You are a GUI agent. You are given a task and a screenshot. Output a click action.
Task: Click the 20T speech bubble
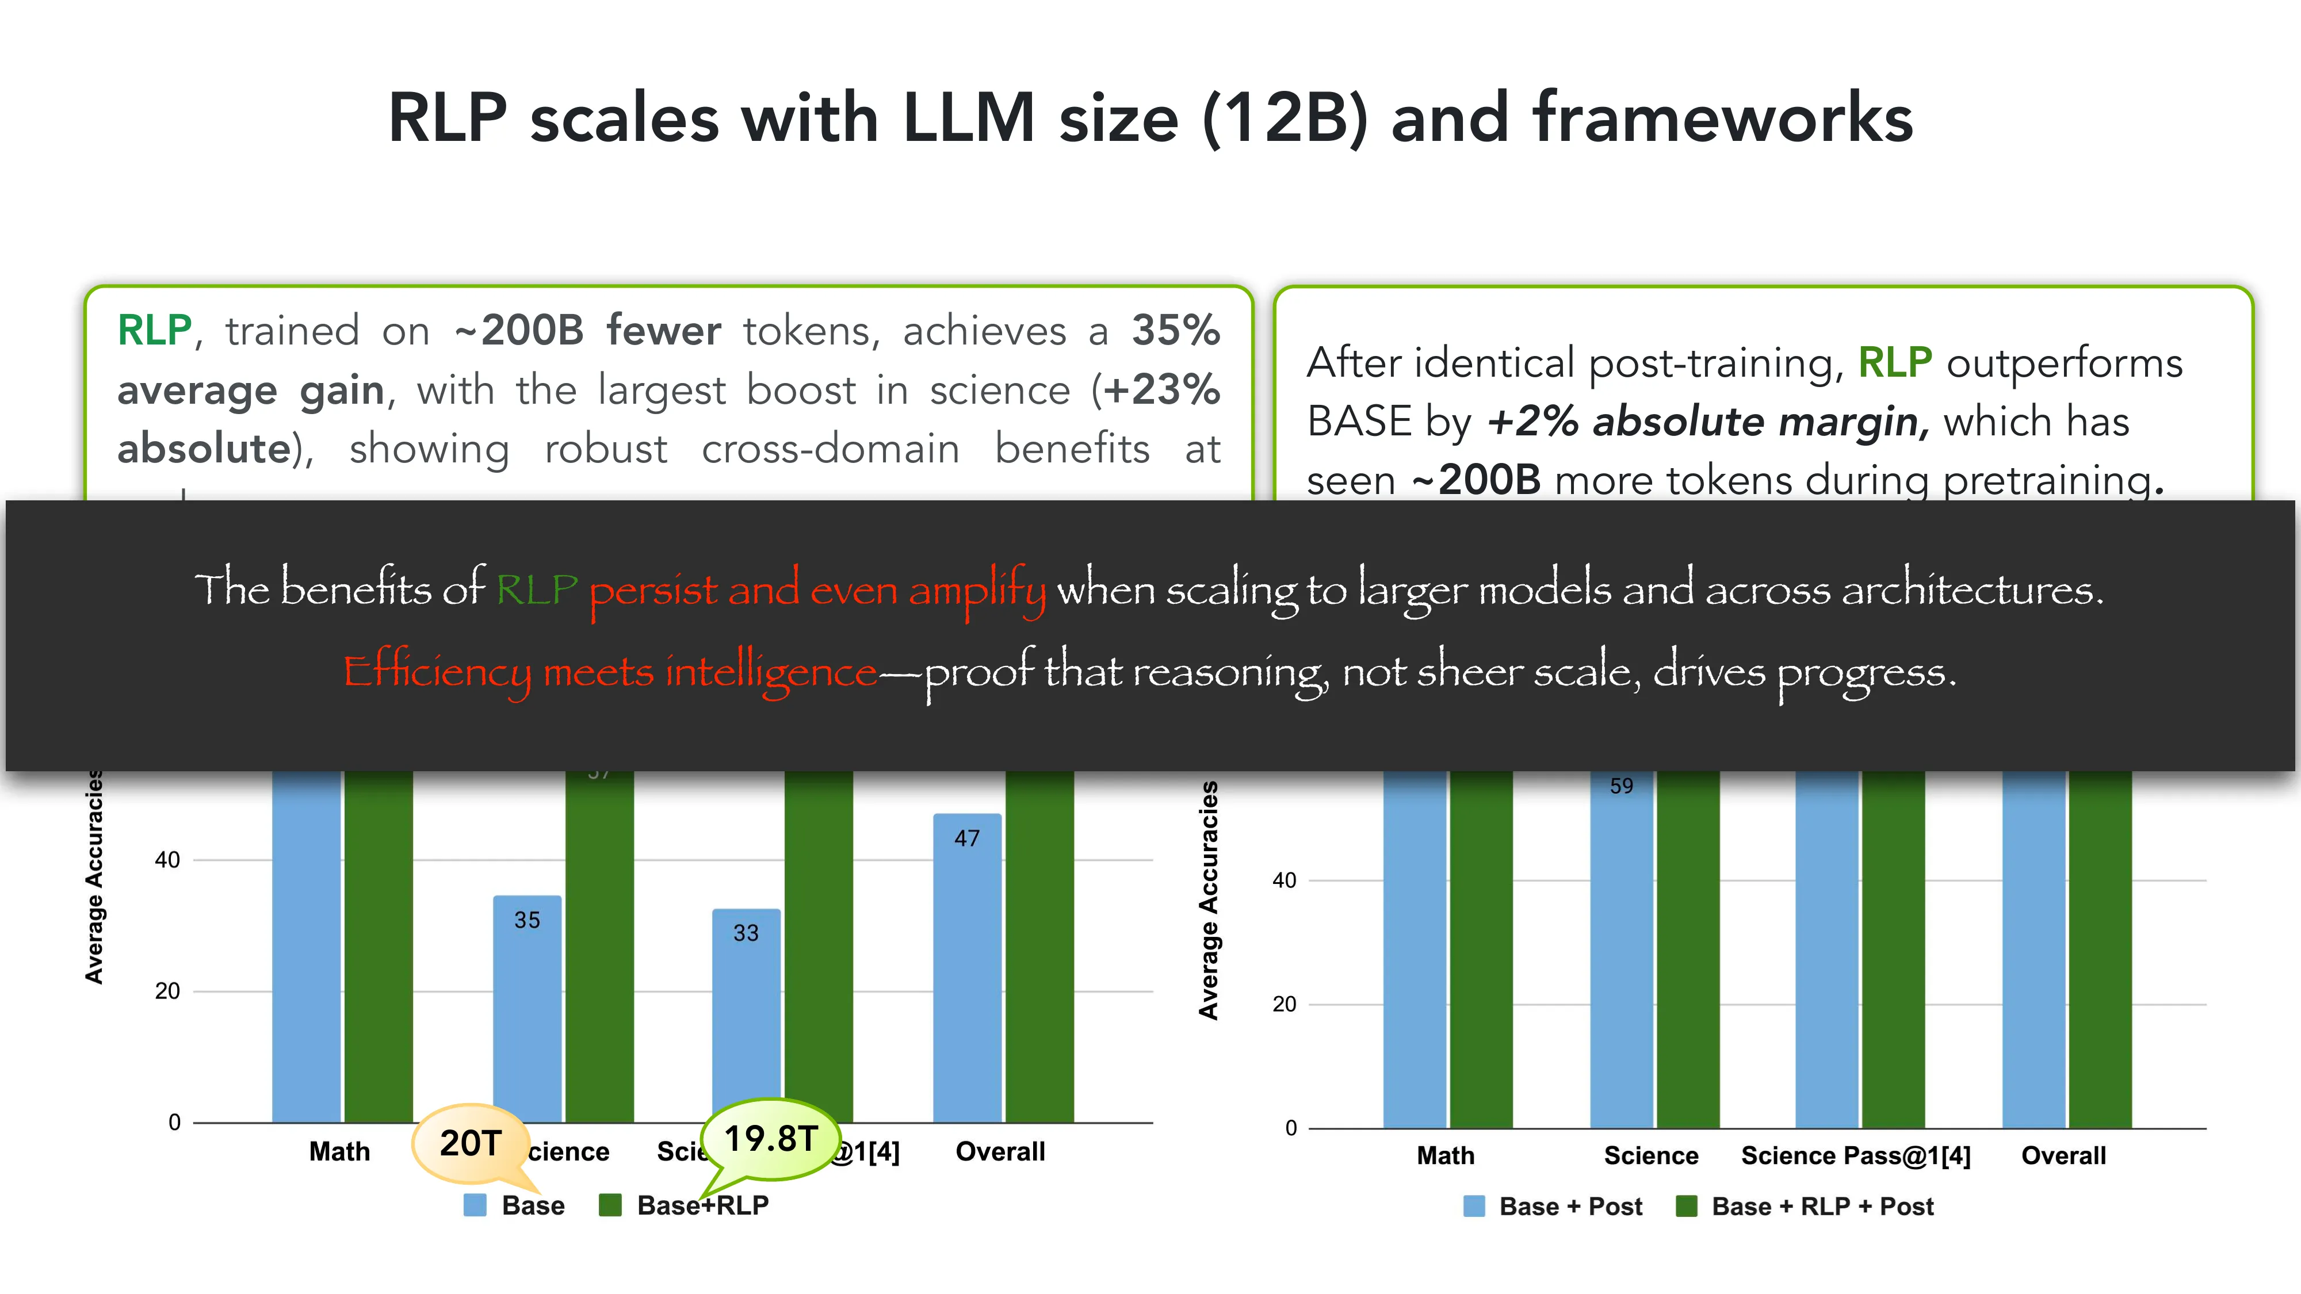tap(471, 1143)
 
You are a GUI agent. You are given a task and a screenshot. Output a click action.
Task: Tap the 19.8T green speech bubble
tap(770, 1139)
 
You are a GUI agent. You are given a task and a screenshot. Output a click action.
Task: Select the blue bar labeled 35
tap(527, 1009)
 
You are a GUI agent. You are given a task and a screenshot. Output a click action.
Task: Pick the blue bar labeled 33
tap(746, 1018)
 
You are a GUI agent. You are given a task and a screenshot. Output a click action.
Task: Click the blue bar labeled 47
tap(966, 969)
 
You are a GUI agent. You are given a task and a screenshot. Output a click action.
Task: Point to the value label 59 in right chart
tap(1621, 786)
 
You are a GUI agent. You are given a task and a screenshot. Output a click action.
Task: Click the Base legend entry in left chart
tap(515, 1205)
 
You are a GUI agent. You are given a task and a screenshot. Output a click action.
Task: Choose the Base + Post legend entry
tap(1554, 1207)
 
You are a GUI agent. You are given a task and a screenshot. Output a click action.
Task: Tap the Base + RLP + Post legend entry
tap(1806, 1207)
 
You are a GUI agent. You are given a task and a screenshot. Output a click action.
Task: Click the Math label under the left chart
tap(339, 1152)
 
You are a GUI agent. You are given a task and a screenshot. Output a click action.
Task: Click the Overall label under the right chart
tap(2063, 1155)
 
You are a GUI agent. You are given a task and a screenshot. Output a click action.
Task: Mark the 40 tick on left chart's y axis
tap(167, 860)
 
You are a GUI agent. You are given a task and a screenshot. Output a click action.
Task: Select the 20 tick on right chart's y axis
tap(1285, 1005)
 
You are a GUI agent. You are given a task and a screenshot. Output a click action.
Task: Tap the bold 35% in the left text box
tap(1175, 331)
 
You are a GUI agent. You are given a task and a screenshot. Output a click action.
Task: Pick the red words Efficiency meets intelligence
tap(611, 672)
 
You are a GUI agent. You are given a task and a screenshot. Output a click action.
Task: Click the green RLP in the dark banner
tap(537, 589)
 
